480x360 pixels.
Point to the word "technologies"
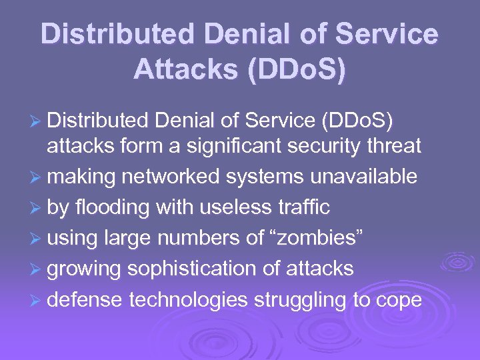[188, 299]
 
